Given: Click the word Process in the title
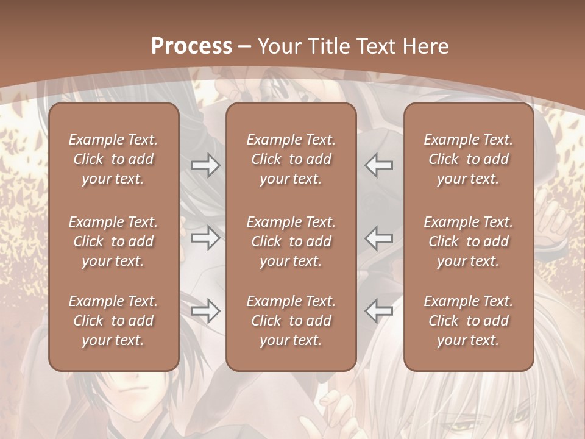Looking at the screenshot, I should [191, 46].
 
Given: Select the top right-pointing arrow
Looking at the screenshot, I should [206, 165].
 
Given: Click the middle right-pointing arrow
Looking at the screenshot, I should [206, 238].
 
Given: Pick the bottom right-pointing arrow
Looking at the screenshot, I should [206, 311].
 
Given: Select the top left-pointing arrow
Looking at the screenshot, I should [379, 165].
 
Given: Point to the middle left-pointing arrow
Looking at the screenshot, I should [379, 238].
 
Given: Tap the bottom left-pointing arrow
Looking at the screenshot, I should [379, 311].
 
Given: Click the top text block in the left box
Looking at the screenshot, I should [113, 159].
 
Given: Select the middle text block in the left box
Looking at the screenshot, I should [113, 241].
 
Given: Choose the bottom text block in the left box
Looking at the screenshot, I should [113, 321].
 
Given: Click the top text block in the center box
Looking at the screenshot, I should [291, 159].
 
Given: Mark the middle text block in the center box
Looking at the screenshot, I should [291, 241].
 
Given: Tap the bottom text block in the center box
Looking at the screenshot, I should [291, 321].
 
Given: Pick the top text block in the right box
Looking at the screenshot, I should [469, 159].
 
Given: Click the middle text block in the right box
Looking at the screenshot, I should [469, 241].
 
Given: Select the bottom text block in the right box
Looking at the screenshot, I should [469, 321].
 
